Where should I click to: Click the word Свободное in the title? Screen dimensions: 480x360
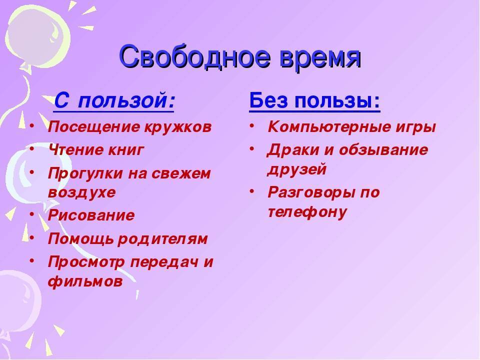pyautogui.click(x=195, y=57)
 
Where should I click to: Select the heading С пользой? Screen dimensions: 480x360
pyautogui.click(x=114, y=100)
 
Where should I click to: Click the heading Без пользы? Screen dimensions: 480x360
pyautogui.click(x=314, y=100)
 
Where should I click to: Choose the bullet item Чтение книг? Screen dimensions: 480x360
pyautogui.click(x=96, y=150)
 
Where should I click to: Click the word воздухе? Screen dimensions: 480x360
pyautogui.click(x=81, y=192)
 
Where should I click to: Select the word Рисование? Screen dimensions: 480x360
pyautogui.click(x=91, y=215)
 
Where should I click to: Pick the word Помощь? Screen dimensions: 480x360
pyautogui.click(x=80, y=239)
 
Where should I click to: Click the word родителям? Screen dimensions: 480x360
pyautogui.click(x=163, y=239)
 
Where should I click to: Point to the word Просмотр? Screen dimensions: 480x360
pyautogui.click(x=86, y=262)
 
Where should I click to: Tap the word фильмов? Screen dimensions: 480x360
pyautogui.click(x=85, y=281)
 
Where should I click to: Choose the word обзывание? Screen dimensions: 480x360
pyautogui.click(x=383, y=150)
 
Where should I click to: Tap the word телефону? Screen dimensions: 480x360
pyautogui.click(x=307, y=212)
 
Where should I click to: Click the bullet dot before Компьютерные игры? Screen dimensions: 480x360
pyautogui.click(x=251, y=125)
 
